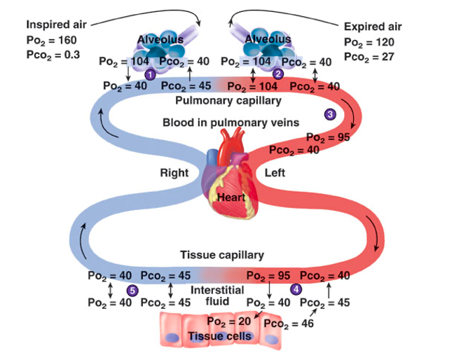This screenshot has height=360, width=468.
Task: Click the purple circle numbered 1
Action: (150, 74)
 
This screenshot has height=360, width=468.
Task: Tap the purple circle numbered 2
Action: (278, 74)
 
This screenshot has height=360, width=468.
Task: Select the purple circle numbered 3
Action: (330, 114)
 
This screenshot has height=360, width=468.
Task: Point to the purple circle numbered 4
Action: (296, 289)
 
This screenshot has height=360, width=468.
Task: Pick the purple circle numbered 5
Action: (132, 291)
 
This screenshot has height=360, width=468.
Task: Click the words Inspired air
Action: (57, 25)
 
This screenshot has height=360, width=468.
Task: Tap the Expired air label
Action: (373, 27)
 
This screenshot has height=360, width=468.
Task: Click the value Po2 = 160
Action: (51, 40)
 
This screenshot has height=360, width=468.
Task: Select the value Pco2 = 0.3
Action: (53, 55)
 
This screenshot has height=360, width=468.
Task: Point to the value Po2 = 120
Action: (369, 42)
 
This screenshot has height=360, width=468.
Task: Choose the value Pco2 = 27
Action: (369, 57)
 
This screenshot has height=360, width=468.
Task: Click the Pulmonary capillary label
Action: (228, 101)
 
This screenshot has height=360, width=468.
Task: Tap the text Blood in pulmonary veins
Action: (230, 123)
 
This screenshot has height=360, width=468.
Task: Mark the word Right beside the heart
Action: (174, 173)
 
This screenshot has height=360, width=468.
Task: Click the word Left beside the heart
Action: (275, 173)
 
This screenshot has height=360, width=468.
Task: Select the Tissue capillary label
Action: (222, 255)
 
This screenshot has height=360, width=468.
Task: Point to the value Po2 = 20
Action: (229, 321)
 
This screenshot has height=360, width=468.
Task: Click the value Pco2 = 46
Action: (289, 324)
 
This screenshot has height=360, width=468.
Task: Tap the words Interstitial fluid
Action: (217, 296)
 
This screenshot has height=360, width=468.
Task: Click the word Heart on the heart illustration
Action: (231, 198)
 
